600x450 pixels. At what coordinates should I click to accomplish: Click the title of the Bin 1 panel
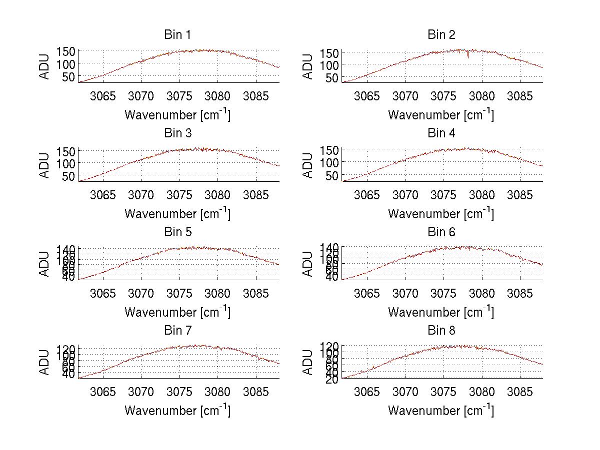click(177, 35)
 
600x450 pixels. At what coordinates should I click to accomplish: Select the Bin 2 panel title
click(441, 35)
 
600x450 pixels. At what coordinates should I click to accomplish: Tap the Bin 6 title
click(441, 232)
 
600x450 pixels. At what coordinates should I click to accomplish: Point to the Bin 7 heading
click(177, 331)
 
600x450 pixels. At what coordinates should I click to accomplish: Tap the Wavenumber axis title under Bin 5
click(177, 312)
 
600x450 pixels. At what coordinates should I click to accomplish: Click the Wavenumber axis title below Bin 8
click(441, 411)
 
